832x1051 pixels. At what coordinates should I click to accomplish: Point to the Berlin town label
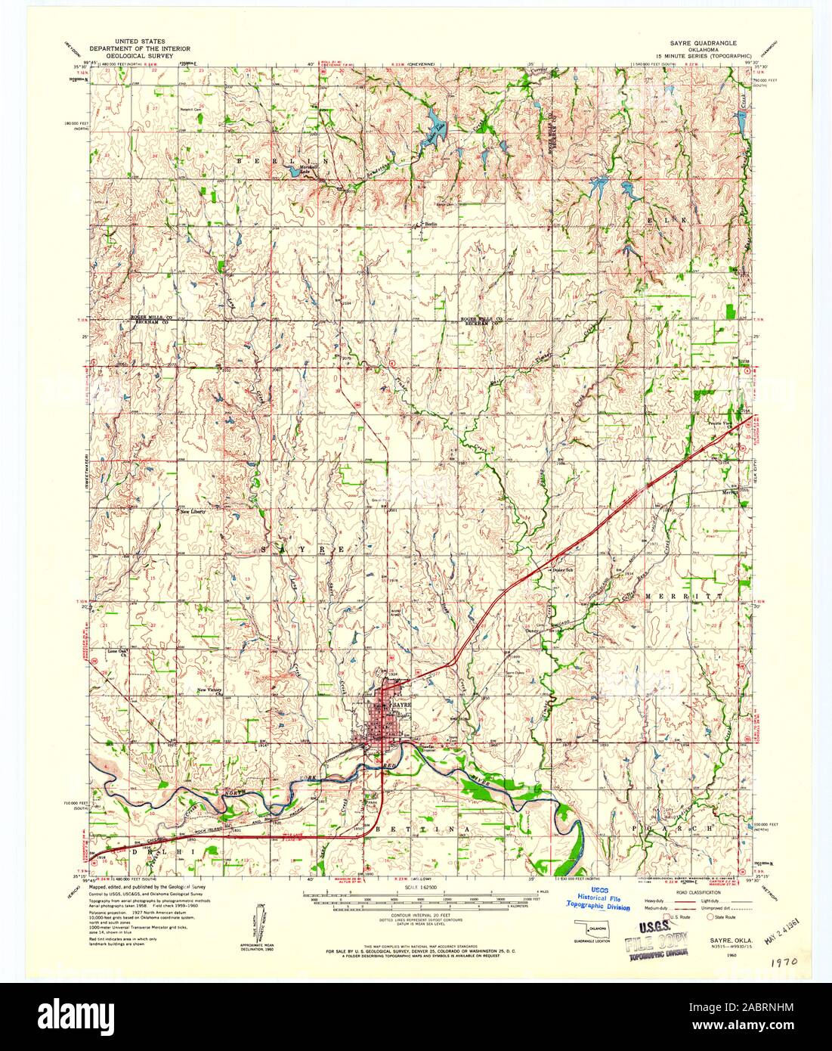pyautogui.click(x=431, y=224)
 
